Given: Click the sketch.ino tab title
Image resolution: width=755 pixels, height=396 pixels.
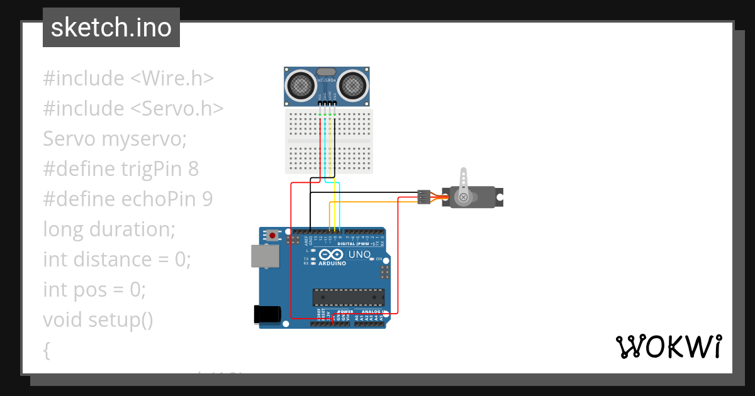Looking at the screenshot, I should [111, 28].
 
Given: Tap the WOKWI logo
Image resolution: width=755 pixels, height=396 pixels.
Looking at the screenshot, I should [668, 346].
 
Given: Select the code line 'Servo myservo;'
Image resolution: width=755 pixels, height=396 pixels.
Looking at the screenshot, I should [115, 138].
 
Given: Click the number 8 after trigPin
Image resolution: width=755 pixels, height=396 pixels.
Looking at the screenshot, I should [193, 168].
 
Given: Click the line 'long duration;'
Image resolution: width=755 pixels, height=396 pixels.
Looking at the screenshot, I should [109, 229].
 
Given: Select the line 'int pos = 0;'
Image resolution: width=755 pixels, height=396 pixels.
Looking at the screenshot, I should [94, 289].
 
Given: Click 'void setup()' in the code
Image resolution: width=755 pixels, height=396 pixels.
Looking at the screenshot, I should [98, 319].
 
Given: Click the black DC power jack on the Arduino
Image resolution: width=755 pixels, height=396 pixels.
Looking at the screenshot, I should [266, 314].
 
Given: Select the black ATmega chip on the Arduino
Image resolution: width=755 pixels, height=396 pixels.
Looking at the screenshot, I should [349, 297].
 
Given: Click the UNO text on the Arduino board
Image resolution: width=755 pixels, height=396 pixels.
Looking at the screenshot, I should [359, 254].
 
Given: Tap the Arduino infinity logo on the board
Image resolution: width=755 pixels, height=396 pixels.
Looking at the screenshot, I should [331, 254].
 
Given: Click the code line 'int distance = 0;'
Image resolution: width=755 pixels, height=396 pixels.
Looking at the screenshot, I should [116, 259].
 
